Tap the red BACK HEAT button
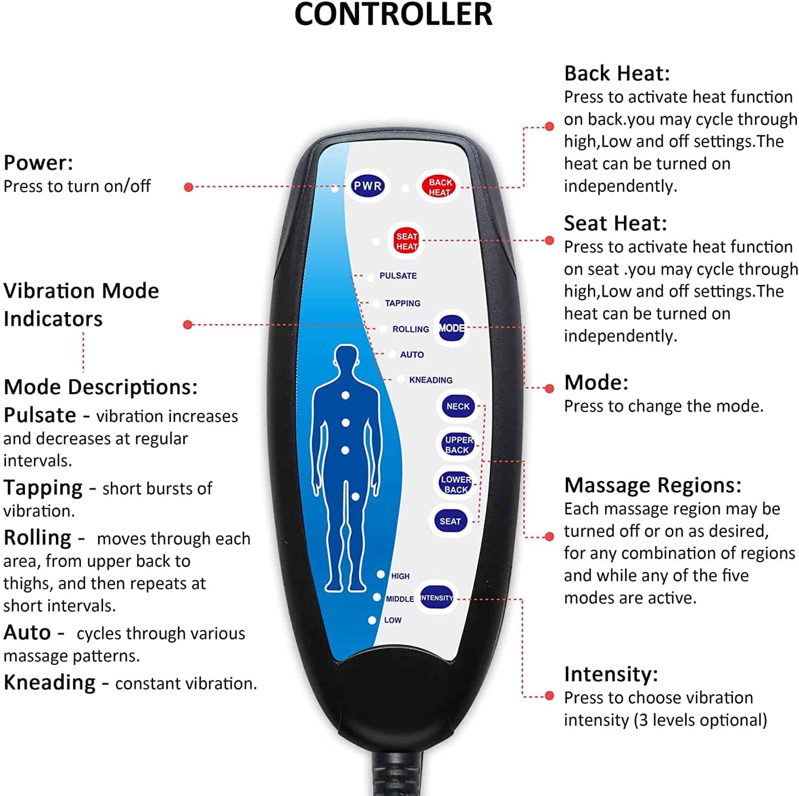(x=439, y=186)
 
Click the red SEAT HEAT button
(x=406, y=241)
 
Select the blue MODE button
(x=452, y=328)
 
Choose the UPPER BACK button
(x=458, y=444)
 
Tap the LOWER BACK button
(x=456, y=484)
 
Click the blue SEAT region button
(x=450, y=521)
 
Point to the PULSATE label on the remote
(x=398, y=275)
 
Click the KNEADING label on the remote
(x=430, y=380)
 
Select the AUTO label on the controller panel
(x=412, y=354)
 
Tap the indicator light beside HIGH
(x=381, y=574)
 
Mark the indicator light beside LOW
(x=372, y=620)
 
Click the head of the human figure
(x=347, y=360)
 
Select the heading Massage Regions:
(x=653, y=485)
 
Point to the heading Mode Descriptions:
(x=100, y=387)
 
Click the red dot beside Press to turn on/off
(x=188, y=187)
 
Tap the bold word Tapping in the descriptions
(x=43, y=488)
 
